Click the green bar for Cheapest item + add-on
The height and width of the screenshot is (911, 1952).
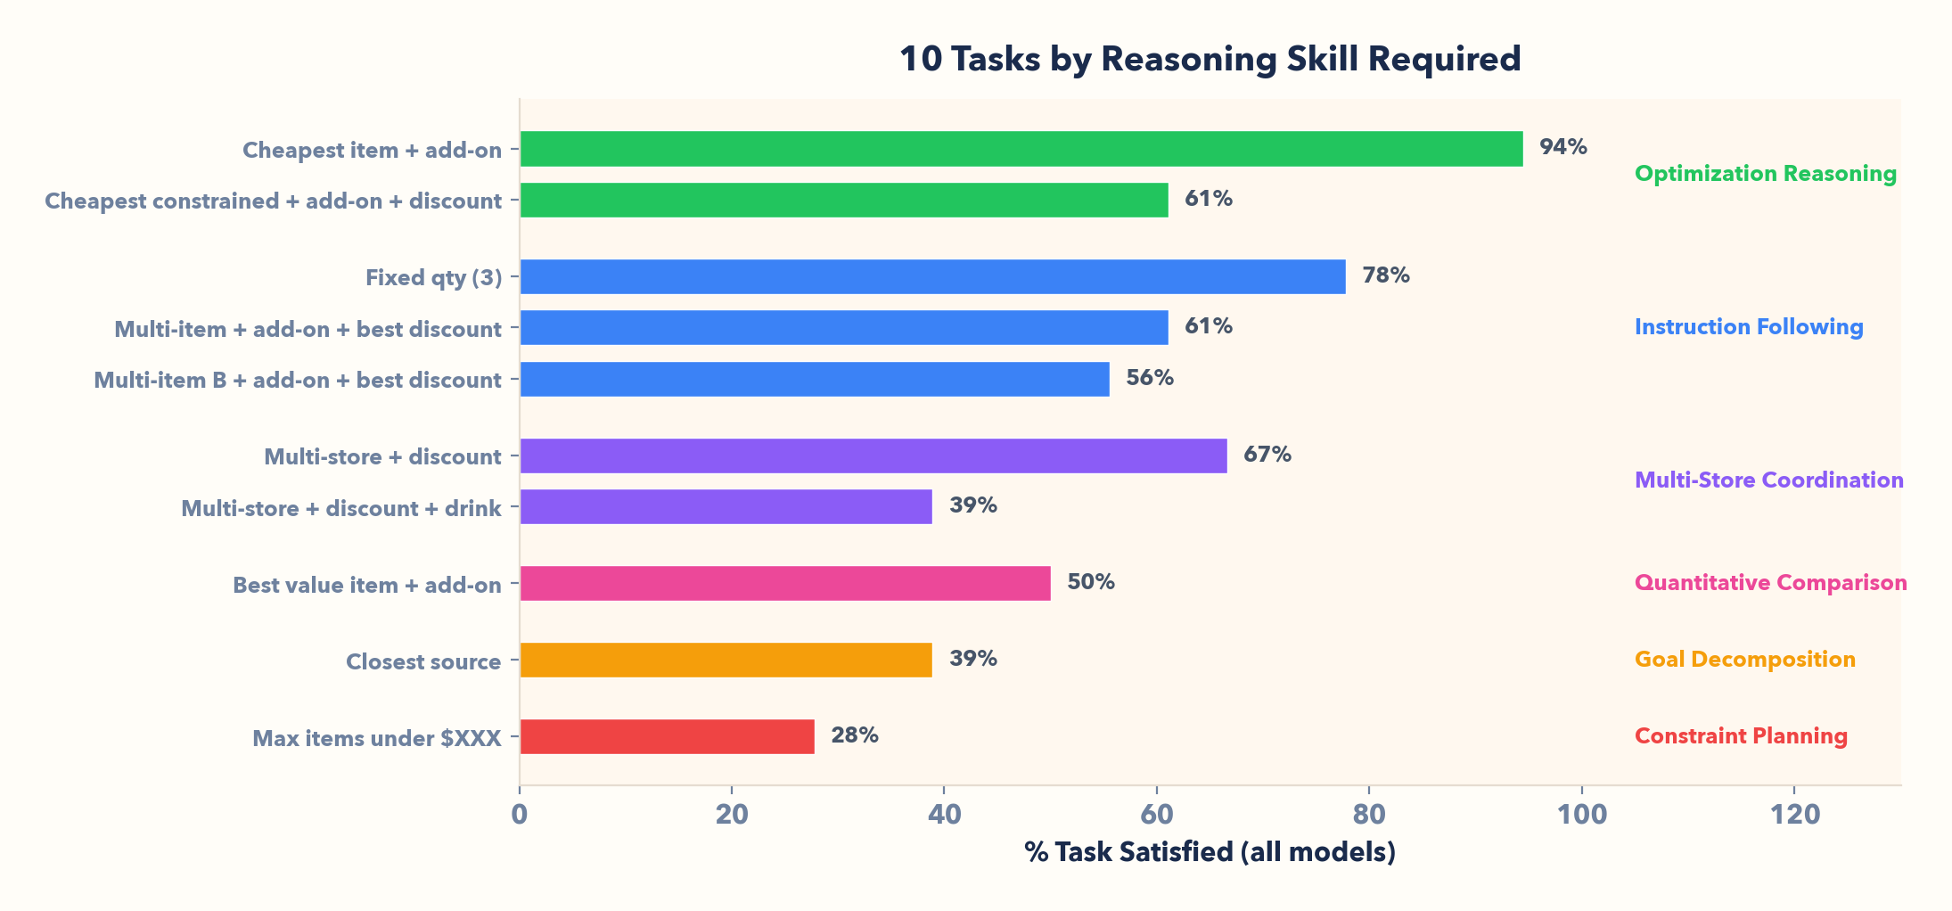(1021, 149)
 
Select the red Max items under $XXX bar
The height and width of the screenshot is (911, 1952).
(667, 736)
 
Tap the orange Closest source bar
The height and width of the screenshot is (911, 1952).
(726, 660)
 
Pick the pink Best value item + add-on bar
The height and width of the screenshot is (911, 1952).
(784, 583)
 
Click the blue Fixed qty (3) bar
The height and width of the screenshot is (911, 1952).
(932, 276)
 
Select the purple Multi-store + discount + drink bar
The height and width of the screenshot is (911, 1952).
(726, 506)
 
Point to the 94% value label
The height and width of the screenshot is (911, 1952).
(1562, 147)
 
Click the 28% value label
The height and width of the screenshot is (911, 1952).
(854, 735)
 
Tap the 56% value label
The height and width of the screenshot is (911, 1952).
(1149, 378)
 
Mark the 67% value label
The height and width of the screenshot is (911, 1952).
(1267, 455)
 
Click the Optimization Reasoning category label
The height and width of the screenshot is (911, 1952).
(1765, 174)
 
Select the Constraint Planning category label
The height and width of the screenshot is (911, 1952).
(1740, 736)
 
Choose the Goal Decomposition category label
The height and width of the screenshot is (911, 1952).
(1744, 660)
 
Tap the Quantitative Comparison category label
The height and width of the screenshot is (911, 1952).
(1770, 583)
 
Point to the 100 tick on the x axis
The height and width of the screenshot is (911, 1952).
(1581, 814)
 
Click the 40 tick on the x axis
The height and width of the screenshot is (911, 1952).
(944, 814)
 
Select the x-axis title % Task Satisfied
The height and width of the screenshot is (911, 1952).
(1210, 852)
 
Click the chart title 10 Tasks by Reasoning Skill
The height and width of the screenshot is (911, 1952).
(1210, 60)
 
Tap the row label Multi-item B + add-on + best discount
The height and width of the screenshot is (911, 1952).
(298, 381)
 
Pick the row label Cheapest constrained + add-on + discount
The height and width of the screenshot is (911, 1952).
(273, 201)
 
